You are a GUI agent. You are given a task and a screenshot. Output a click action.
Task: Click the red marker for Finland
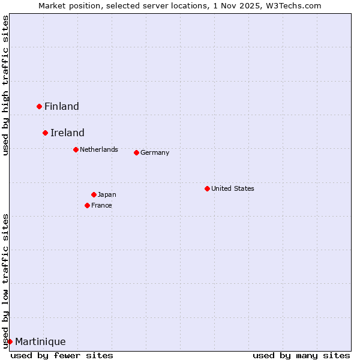click(40, 106)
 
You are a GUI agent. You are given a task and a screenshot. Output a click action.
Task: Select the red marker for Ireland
click(45, 133)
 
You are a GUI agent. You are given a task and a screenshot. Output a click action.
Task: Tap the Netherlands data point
click(76, 149)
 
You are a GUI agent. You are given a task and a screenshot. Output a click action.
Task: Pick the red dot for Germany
click(136, 152)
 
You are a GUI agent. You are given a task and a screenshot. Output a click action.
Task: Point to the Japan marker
click(94, 194)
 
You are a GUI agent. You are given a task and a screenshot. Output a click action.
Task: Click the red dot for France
click(87, 205)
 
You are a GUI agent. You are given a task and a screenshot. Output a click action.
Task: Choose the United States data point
click(207, 188)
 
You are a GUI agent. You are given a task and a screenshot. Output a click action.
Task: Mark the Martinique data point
click(10, 341)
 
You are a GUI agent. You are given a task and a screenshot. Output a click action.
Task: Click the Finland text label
click(62, 107)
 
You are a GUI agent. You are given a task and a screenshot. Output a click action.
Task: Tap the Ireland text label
click(67, 133)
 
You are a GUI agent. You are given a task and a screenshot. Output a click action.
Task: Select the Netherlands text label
click(99, 149)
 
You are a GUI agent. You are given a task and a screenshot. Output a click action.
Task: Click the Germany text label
click(155, 152)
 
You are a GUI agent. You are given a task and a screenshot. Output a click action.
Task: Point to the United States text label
click(233, 188)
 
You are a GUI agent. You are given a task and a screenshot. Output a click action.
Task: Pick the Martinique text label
click(40, 342)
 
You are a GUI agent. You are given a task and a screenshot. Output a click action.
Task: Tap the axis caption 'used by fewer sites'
click(62, 355)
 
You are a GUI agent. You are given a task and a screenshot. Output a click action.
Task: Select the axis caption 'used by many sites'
click(301, 355)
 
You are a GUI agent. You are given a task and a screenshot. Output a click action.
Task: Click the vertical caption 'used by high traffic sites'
click(5, 86)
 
